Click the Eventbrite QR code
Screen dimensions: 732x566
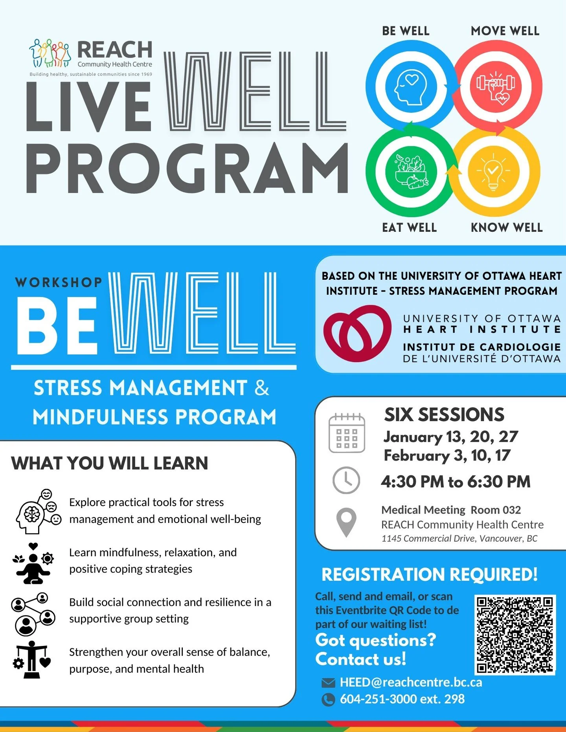pyautogui.click(x=515, y=634)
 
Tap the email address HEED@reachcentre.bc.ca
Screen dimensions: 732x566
pyautogui.click(x=411, y=682)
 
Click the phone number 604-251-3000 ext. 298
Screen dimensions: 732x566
pyautogui.click(x=402, y=699)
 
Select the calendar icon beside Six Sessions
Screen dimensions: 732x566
pyautogui.click(x=346, y=433)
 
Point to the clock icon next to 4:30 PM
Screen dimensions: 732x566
pyautogui.click(x=346, y=480)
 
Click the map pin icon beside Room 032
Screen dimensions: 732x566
pyautogui.click(x=346, y=522)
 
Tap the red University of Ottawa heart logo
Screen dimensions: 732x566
pyautogui.click(x=357, y=333)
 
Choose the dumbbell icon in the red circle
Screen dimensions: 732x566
pyautogui.click(x=496, y=86)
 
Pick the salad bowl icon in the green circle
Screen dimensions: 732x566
pyautogui.click(x=411, y=171)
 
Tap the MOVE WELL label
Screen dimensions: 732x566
pyautogui.click(x=505, y=31)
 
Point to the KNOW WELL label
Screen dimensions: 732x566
pyautogui.click(x=507, y=227)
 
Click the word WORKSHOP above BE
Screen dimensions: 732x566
pyautogui.click(x=59, y=283)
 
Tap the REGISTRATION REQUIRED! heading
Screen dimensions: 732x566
pyautogui.click(x=429, y=574)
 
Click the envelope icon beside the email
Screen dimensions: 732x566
pyautogui.click(x=328, y=683)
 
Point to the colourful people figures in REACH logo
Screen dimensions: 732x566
pyautogui.click(x=50, y=53)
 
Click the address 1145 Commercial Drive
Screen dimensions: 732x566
pyautogui.click(x=459, y=538)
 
